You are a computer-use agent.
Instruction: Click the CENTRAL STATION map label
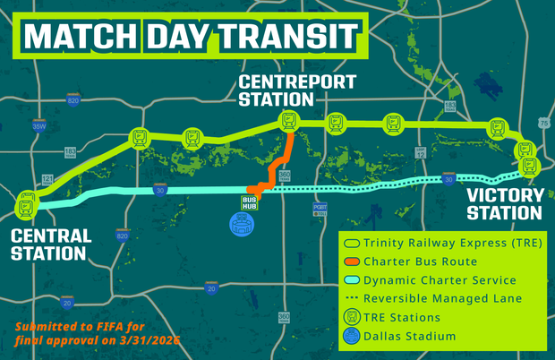(x=51, y=244)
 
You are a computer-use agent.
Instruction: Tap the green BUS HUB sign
(x=251, y=203)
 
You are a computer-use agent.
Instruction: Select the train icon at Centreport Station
(x=288, y=120)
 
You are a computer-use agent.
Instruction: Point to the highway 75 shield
(x=544, y=123)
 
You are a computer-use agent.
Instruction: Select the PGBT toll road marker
(x=320, y=209)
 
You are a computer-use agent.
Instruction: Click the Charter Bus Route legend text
(x=429, y=261)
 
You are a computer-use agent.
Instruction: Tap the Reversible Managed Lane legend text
(x=442, y=298)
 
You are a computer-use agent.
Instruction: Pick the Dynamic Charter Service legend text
(x=440, y=279)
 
